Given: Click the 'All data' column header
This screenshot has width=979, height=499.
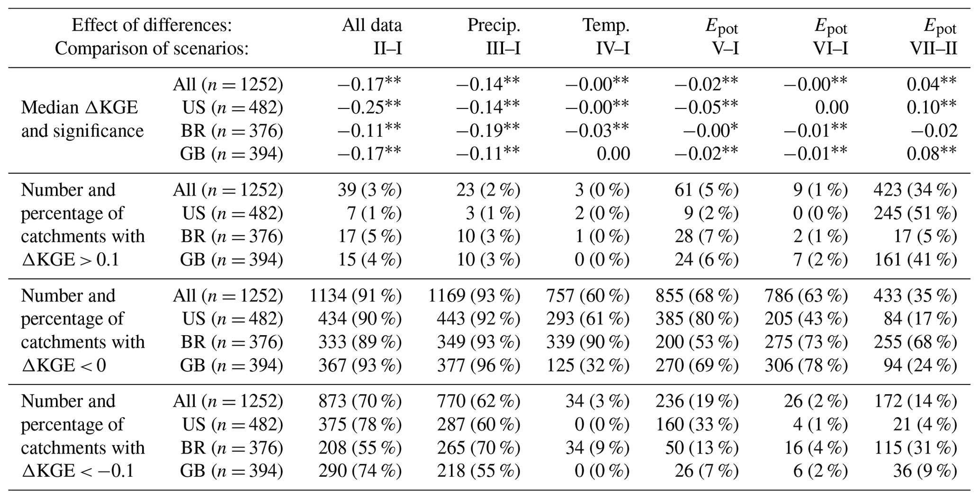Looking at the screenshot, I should (x=372, y=25).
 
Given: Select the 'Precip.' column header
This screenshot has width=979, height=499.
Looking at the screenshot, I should (x=494, y=25).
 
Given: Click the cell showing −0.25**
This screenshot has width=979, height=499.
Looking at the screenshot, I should (x=369, y=107).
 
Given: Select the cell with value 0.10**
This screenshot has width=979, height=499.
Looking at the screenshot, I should (x=931, y=107).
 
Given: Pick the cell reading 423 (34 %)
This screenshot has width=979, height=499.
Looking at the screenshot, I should (x=915, y=190).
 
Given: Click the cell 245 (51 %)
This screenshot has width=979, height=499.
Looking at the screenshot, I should (x=915, y=213).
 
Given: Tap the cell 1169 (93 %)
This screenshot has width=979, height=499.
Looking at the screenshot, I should (x=474, y=296).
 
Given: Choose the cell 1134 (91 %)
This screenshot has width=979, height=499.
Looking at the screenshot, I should (x=355, y=296).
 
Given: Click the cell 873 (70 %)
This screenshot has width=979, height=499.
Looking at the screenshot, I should (x=360, y=401).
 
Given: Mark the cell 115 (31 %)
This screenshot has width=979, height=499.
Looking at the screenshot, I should (x=915, y=448).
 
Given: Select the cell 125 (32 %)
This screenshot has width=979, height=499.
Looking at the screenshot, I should (x=588, y=365).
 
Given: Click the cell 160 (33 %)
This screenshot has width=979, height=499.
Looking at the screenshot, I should (x=697, y=425).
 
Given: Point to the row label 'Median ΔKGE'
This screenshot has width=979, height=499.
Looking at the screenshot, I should (x=79, y=108).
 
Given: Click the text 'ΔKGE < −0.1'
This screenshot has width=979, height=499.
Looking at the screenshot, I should (x=77, y=471).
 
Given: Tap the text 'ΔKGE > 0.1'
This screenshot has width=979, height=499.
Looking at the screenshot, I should (x=70, y=259).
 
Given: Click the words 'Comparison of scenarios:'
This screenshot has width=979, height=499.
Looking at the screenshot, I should (x=152, y=48).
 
